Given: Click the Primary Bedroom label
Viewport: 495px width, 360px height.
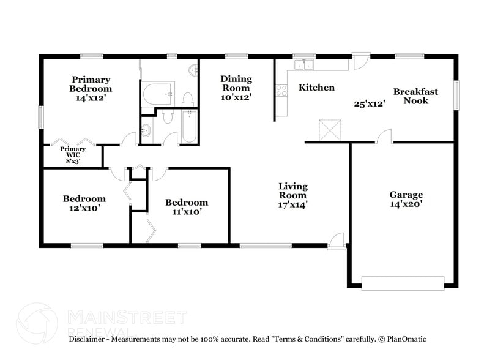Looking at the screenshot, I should pyautogui.click(x=91, y=84).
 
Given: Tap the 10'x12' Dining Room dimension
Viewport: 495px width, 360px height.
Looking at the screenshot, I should pyautogui.click(x=236, y=97).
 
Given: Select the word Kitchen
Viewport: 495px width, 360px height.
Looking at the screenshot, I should pyautogui.click(x=316, y=88).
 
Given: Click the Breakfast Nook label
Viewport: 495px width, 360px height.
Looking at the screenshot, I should pyautogui.click(x=415, y=96).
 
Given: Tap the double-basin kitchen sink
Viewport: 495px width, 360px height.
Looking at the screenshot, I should pyautogui.click(x=303, y=64).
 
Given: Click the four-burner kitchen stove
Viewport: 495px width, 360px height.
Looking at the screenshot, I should pyautogui.click(x=281, y=91).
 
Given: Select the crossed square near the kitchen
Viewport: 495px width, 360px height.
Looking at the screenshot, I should pyautogui.click(x=328, y=130).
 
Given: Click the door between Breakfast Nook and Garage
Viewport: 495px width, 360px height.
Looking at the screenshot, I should pyautogui.click(x=384, y=137).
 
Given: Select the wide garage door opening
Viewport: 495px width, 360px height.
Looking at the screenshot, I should pyautogui.click(x=403, y=283).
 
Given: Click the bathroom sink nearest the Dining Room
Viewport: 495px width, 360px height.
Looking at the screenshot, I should pyautogui.click(x=193, y=70).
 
